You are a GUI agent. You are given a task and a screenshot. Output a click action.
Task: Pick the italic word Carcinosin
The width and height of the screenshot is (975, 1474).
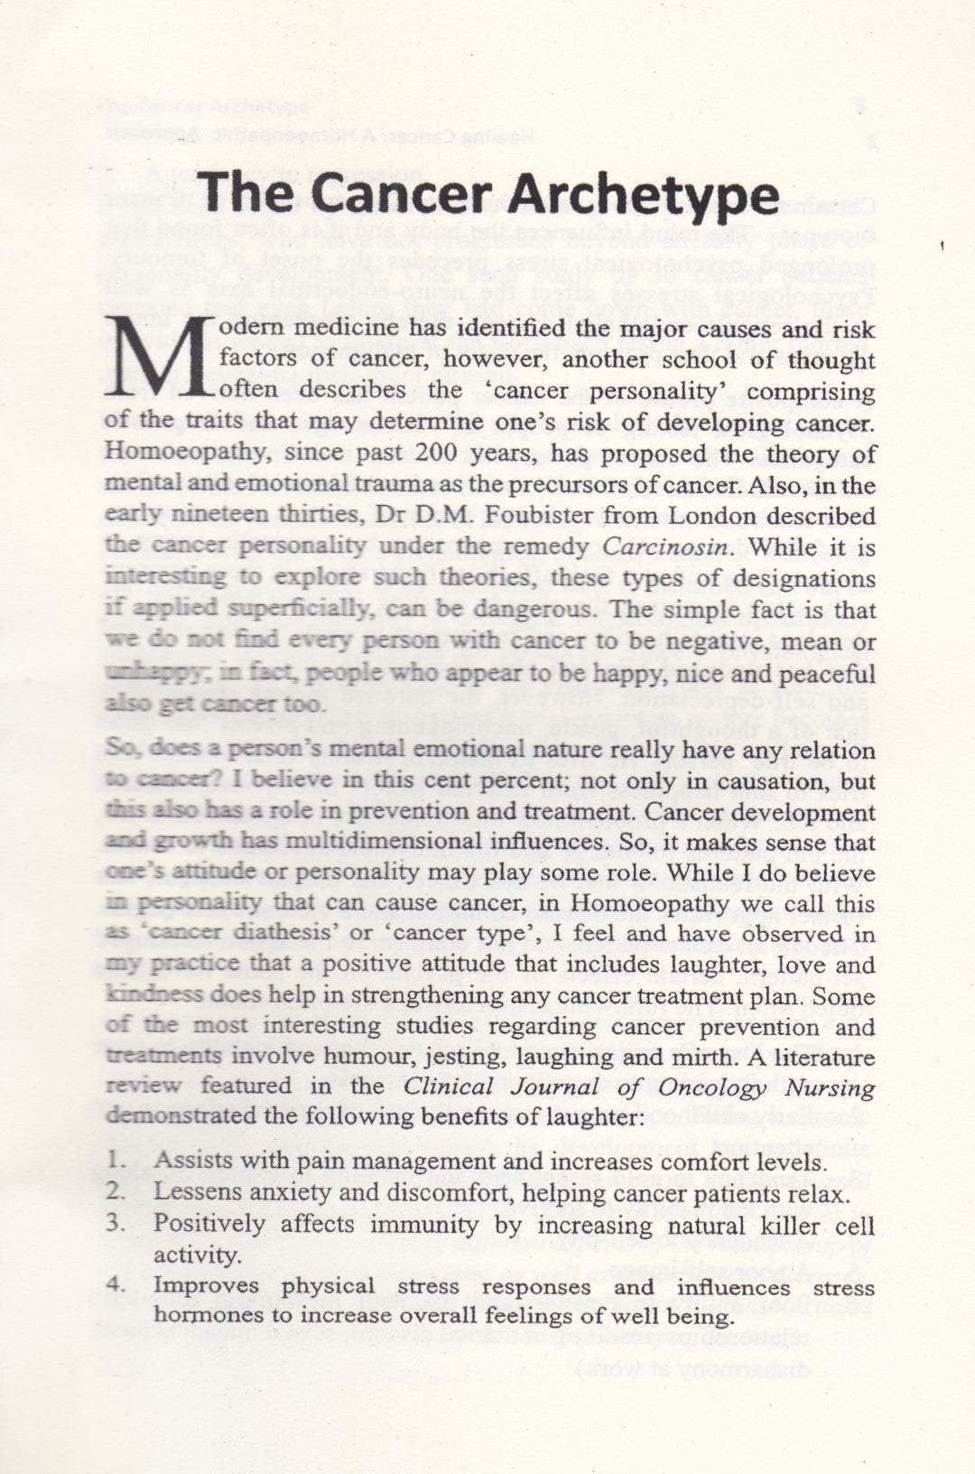[x=651, y=546]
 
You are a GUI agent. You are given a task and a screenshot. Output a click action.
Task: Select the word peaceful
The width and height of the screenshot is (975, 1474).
[x=823, y=674]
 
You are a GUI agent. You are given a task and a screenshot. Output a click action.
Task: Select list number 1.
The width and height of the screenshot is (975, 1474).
[x=115, y=1161]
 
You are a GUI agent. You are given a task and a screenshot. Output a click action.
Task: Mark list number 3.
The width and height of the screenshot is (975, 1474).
[x=115, y=1224]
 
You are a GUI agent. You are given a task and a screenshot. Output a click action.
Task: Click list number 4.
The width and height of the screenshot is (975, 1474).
[x=115, y=1284]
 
